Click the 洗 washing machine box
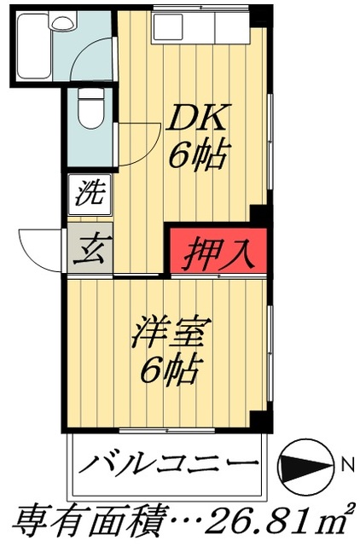(x=87, y=194)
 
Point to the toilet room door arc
(x=136, y=141)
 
